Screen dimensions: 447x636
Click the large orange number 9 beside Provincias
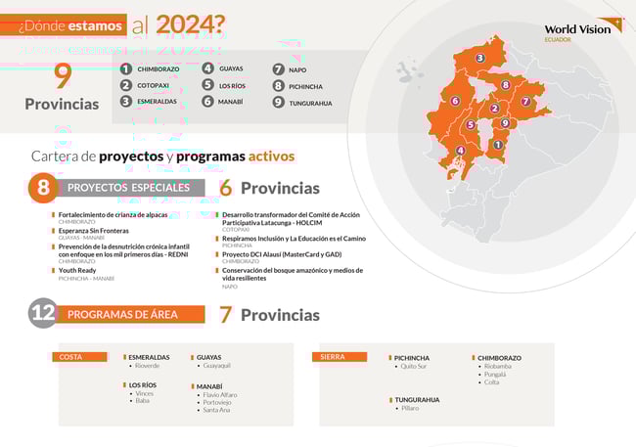(64, 75)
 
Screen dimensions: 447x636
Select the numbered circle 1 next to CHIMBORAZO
(125, 69)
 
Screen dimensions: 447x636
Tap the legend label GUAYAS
(231, 68)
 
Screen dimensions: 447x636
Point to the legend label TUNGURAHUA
(310, 103)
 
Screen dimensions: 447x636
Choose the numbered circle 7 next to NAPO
(279, 69)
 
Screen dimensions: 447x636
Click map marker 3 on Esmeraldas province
(479, 59)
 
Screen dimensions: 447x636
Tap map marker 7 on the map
(525, 101)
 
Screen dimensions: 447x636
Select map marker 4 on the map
(460, 151)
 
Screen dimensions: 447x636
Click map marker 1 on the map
(497, 145)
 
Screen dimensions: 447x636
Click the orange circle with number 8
(42, 187)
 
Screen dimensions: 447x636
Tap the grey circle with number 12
(42, 313)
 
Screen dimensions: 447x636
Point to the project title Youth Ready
(77, 270)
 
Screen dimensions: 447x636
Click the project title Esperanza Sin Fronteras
(94, 230)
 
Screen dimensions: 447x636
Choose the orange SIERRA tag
(335, 357)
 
